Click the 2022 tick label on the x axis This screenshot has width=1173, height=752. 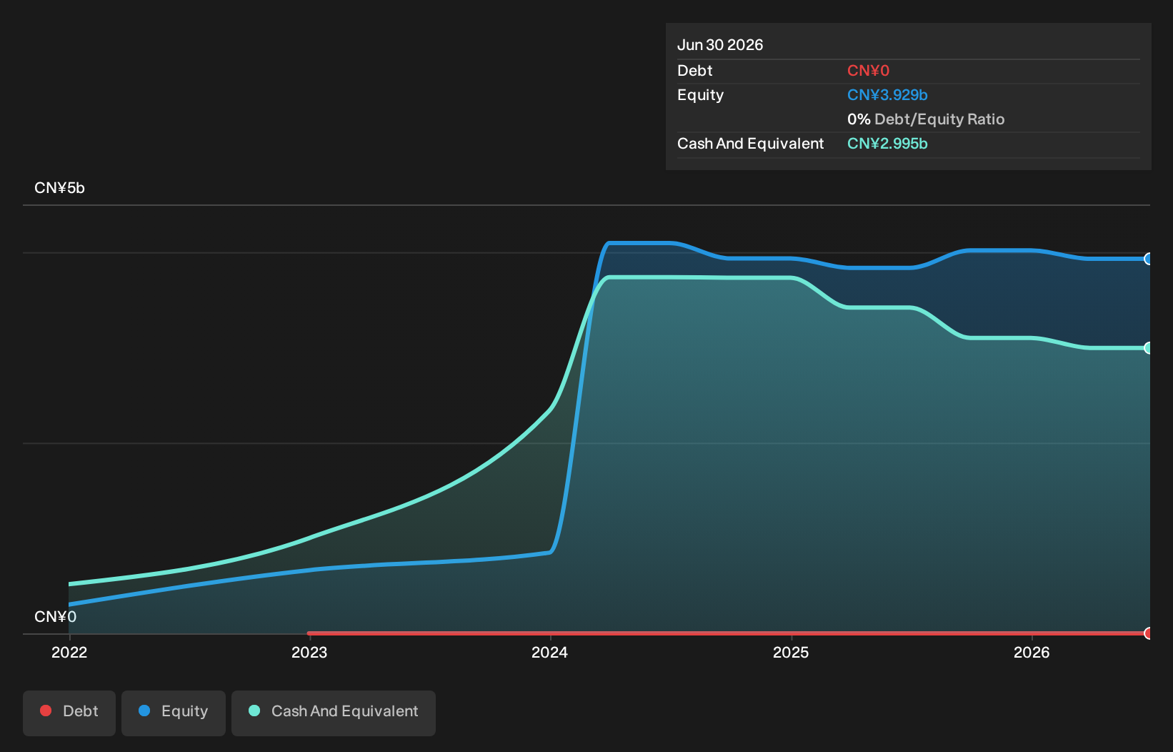(69, 652)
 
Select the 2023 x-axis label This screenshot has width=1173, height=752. (309, 652)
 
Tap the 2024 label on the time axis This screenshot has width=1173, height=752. (550, 652)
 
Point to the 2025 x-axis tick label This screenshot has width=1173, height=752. (791, 652)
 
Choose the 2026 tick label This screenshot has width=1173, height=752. (1032, 652)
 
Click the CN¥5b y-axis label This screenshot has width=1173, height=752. (59, 187)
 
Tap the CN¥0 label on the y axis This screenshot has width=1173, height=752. (56, 616)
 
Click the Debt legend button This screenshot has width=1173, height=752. (69, 713)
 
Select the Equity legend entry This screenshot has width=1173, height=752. (174, 713)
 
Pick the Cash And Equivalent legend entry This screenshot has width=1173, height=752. (334, 713)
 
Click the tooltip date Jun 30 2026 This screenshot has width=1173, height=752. (720, 45)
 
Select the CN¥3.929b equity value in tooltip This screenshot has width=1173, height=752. (887, 95)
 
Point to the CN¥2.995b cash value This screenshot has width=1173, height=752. (887, 144)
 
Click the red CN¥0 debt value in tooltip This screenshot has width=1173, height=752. (868, 71)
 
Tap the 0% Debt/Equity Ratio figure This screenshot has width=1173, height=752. (926, 119)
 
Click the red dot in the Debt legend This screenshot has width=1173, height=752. (46, 711)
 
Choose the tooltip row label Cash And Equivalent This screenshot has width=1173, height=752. (750, 144)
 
